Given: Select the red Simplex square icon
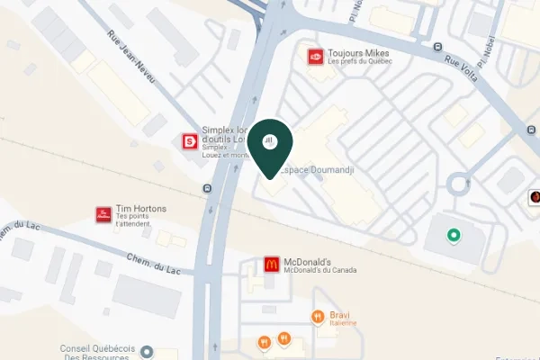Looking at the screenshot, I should pos(190,141).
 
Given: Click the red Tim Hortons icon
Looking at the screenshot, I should pos(103,214).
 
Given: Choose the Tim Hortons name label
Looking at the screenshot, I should pos(141,209).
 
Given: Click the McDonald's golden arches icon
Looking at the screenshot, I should pos(270,265).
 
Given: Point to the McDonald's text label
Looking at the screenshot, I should pos(309,262).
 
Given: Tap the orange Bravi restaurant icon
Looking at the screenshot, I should pos(317,316).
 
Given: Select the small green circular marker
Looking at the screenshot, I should pos(454,236).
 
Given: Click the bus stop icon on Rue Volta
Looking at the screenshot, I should pos(437,47).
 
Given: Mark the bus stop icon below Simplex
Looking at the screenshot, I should pos(208,188).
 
